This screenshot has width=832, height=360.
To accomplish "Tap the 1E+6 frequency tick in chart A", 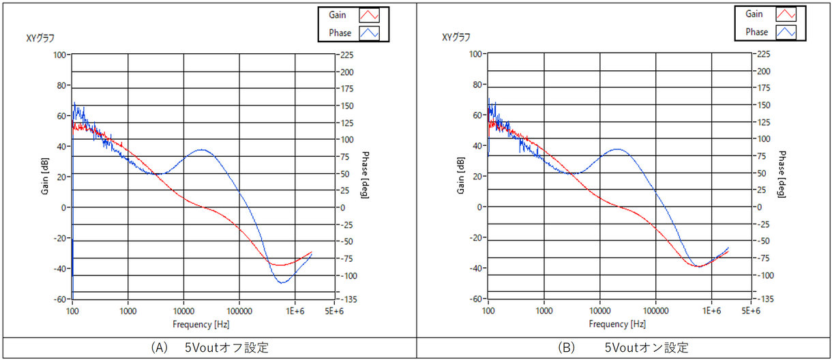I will pyautogui.click(x=295, y=310).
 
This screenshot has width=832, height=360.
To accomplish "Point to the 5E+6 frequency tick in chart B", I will pyautogui.click(x=750, y=310).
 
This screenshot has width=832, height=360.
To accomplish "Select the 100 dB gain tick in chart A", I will pyautogui.click(x=59, y=55).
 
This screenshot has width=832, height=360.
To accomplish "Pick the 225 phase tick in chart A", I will pyautogui.click(x=346, y=55).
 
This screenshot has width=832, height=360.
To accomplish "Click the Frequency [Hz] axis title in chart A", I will pyautogui.click(x=200, y=324).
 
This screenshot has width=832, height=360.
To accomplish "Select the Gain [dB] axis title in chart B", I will pyautogui.click(x=462, y=176).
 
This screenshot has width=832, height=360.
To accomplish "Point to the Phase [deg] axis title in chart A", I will pyautogui.click(x=365, y=176).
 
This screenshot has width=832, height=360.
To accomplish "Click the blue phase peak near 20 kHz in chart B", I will pyautogui.click(x=617, y=149).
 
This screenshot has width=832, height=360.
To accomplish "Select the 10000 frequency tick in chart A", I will pyautogui.click(x=183, y=310).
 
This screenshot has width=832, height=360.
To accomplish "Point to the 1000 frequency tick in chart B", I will pyautogui.click(x=544, y=310).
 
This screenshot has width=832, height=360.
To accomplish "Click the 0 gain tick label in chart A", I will pyautogui.click(x=63, y=207).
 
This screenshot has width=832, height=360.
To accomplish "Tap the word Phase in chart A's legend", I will pyautogui.click(x=339, y=32).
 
